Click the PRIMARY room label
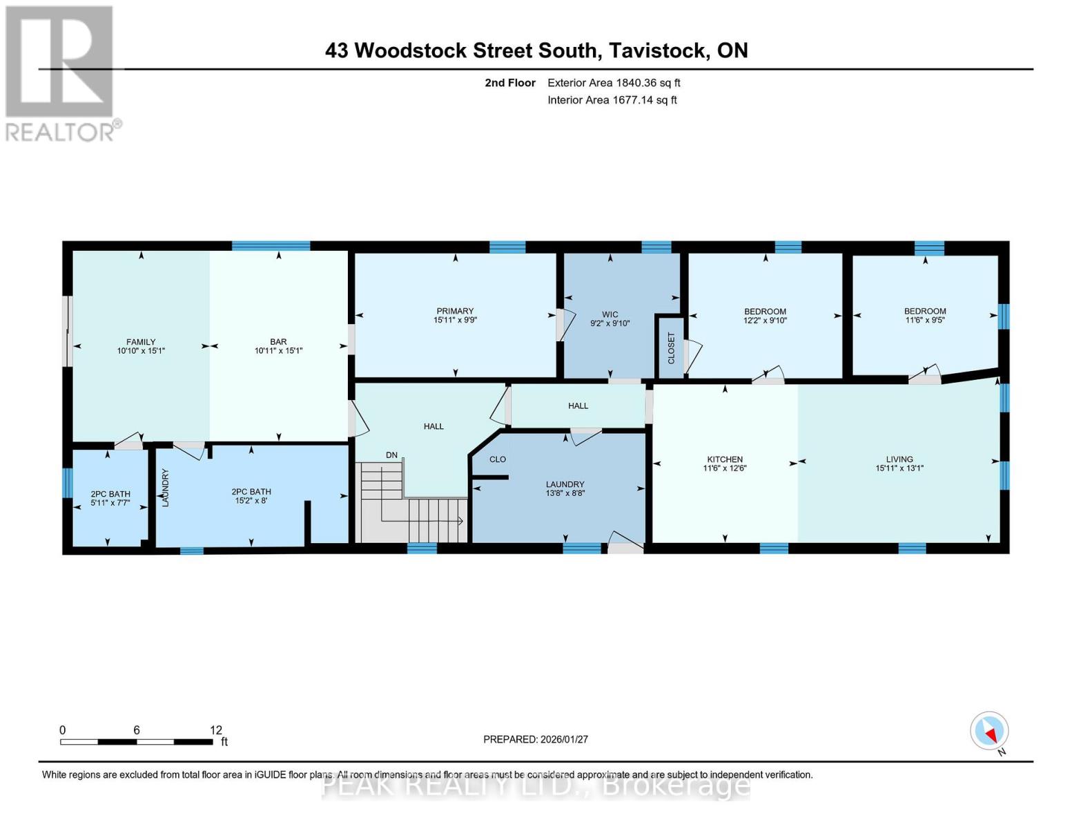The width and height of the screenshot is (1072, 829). (455, 311)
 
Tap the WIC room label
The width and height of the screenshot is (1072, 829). (610, 314)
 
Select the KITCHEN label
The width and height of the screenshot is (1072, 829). (725, 459)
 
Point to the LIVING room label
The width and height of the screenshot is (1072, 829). (899, 459)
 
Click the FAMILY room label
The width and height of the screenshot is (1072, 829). (141, 342)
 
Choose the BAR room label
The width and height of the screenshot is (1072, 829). (278, 342)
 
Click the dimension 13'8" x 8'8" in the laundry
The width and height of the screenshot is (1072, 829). (565, 493)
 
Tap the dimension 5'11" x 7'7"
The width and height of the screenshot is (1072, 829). (110, 503)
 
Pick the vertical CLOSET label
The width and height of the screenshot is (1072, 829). (672, 347)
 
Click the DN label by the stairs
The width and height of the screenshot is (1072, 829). (391, 455)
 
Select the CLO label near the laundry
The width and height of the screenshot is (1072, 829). (498, 459)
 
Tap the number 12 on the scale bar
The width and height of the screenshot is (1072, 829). (216, 730)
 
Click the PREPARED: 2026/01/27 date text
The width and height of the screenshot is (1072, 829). (536, 739)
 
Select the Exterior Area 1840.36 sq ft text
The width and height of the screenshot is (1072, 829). (614, 83)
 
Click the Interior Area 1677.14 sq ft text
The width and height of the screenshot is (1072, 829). (612, 100)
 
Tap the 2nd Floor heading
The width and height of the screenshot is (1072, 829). (510, 83)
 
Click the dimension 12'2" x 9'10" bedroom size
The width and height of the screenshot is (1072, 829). (765, 321)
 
